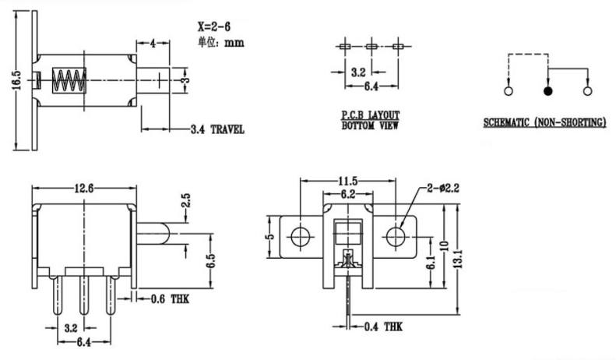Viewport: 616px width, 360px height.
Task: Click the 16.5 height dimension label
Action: click(16, 80)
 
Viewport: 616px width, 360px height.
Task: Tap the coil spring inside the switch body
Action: click(68, 80)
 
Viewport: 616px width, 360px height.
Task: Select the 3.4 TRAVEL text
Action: click(216, 129)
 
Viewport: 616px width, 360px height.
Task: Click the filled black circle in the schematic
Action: click(547, 91)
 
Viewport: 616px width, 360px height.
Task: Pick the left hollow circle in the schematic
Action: click(509, 91)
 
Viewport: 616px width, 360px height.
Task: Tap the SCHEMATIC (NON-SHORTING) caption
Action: click(544, 123)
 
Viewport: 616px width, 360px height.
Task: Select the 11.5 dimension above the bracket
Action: click(347, 180)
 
